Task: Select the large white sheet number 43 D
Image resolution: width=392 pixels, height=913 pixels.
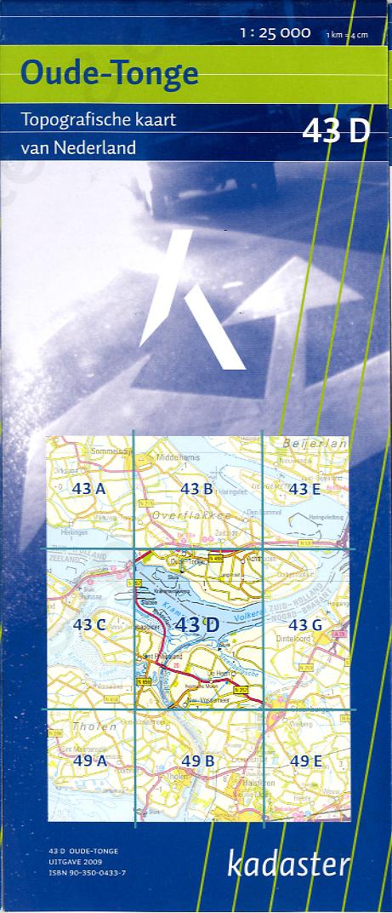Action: [x=335, y=132]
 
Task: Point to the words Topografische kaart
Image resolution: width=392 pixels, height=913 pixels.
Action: [x=99, y=120]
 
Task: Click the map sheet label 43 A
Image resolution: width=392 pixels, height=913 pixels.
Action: [x=88, y=489]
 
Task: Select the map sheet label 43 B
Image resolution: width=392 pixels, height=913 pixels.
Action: [x=196, y=489]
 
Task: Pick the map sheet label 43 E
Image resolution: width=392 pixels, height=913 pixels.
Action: [x=304, y=489]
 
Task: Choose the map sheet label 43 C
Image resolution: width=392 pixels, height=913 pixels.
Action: [x=88, y=624]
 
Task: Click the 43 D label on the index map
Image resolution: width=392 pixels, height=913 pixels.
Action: [x=197, y=624]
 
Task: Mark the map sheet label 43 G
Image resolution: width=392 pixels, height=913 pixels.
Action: [x=304, y=624]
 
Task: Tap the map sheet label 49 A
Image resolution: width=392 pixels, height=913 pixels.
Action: [x=88, y=761]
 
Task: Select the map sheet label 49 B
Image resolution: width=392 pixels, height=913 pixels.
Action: [x=196, y=761]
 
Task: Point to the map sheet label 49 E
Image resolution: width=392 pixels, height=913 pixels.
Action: [x=304, y=761]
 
